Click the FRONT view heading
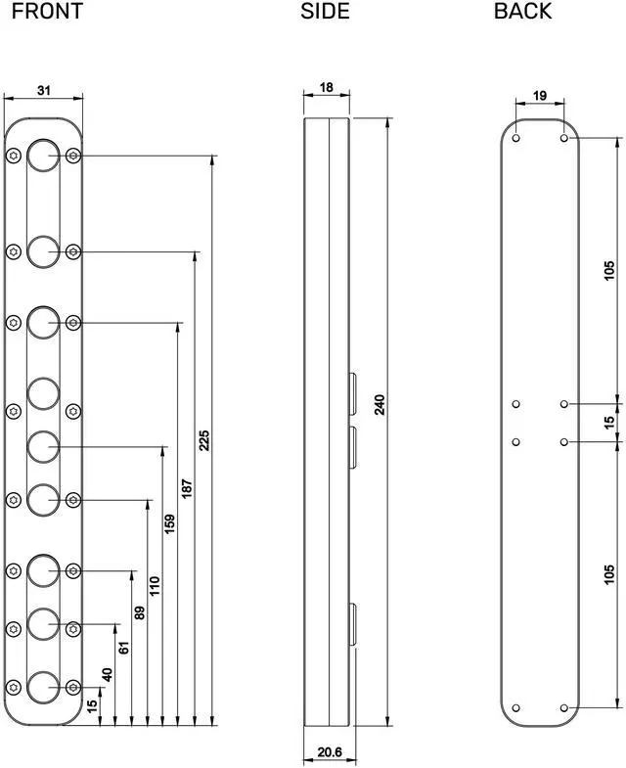click(x=47, y=12)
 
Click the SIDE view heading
click(x=326, y=12)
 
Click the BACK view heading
click(x=522, y=12)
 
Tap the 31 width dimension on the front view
click(x=44, y=90)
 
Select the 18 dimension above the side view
click(x=327, y=87)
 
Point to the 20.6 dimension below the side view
click(x=330, y=751)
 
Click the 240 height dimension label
click(x=380, y=404)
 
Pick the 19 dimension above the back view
click(x=540, y=96)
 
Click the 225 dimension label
click(x=203, y=440)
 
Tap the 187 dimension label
click(x=187, y=489)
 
